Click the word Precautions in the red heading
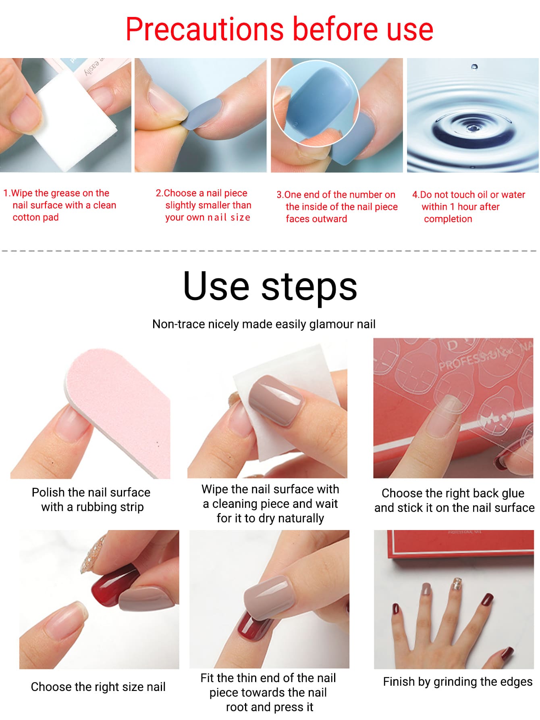[205, 29]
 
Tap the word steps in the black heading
[309, 286]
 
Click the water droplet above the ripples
[474, 67]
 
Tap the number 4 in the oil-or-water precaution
[415, 195]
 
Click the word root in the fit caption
[236, 707]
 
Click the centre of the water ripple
[472, 128]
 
